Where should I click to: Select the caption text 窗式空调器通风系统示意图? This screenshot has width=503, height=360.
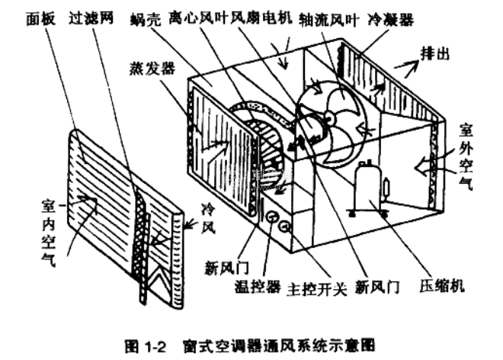click(x=274, y=345)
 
